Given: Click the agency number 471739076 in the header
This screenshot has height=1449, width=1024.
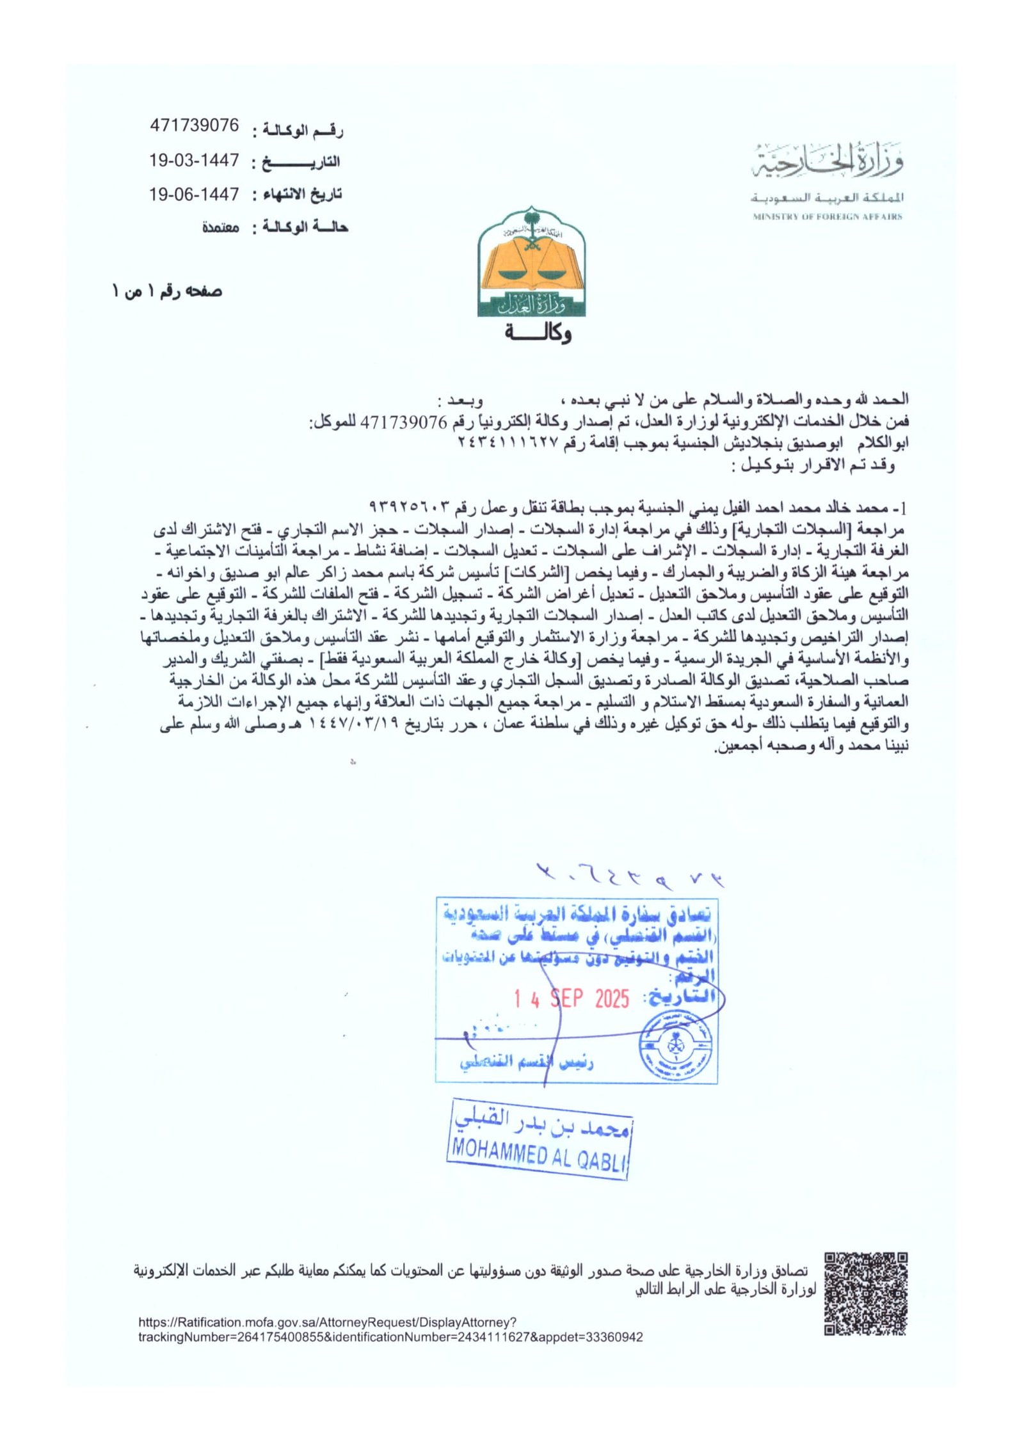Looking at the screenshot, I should tap(194, 125).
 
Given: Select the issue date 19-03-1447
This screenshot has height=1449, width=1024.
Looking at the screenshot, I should tap(194, 160).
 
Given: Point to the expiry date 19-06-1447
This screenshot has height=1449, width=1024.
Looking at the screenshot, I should tap(194, 194).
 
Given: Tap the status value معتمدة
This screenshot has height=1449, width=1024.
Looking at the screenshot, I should tap(221, 227).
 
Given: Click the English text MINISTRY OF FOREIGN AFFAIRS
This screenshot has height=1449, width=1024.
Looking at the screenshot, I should tap(827, 217).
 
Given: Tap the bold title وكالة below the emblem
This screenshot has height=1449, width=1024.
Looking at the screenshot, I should tap(538, 333).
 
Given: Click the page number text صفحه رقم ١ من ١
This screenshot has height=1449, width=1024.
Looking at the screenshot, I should tap(168, 292).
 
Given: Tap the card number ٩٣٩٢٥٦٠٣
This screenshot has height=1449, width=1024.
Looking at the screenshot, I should tap(410, 508).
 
